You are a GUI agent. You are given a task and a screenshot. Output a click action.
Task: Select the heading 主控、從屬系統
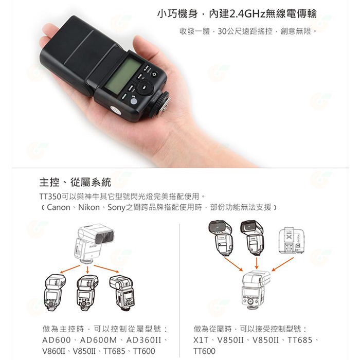[x=78, y=182]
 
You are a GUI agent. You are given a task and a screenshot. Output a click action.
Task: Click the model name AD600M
[x=98, y=340]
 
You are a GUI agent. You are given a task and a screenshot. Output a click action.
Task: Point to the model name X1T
[x=202, y=340]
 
